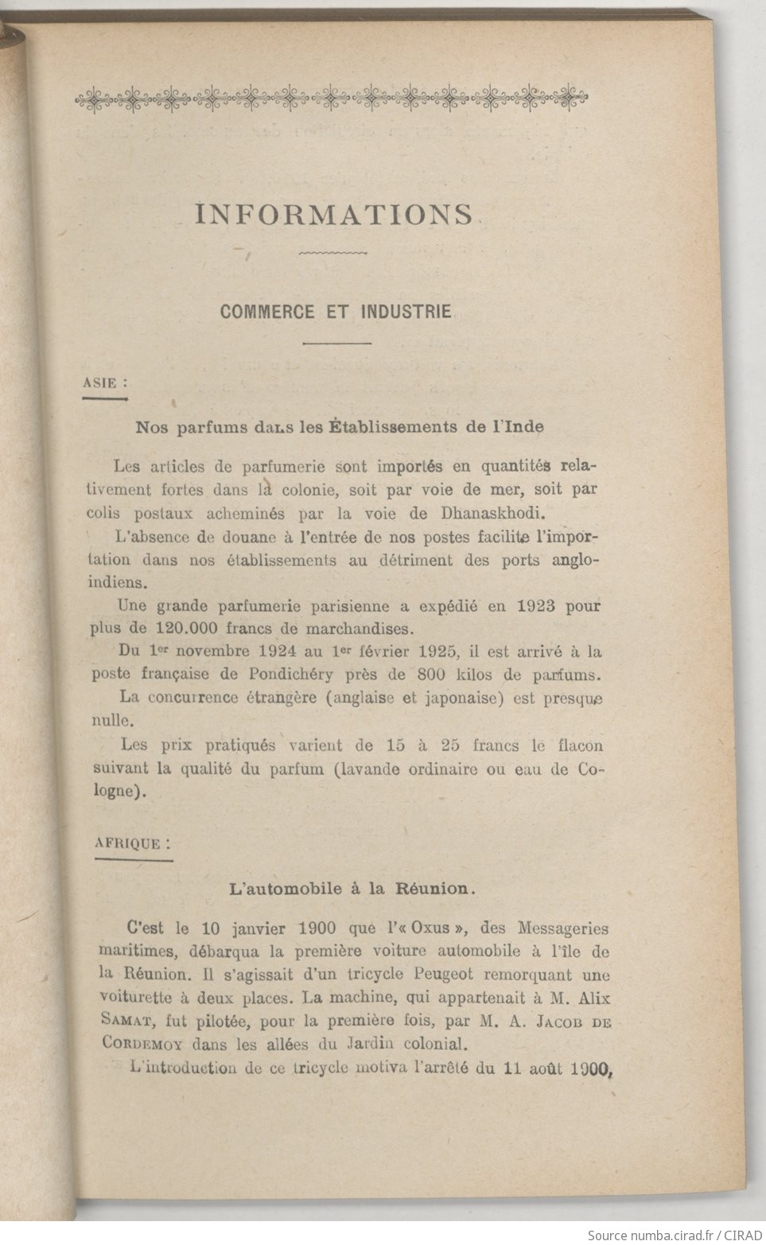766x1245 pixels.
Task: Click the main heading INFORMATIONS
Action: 334,215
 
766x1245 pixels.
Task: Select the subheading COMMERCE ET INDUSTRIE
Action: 336,311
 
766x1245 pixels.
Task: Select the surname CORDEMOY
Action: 148,1041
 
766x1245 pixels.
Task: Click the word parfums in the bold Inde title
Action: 206,426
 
